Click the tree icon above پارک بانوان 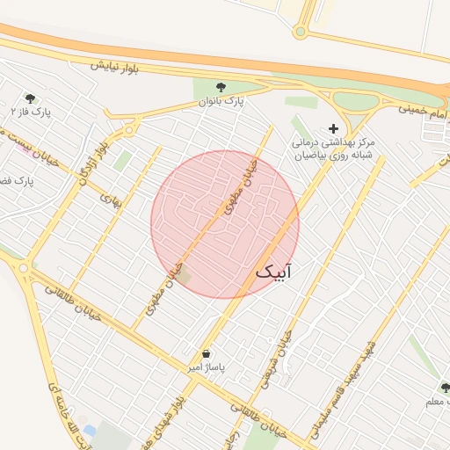[221, 87]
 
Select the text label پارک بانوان [221, 102]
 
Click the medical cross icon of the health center [332, 128]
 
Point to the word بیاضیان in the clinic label [312, 155]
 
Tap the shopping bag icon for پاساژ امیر [206, 353]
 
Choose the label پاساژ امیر [206, 367]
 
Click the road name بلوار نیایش [114, 65]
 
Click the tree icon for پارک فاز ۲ [31, 99]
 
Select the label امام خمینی [422, 110]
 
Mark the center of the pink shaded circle [225, 224]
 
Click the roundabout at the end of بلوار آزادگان [130, 130]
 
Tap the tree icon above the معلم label [444, 388]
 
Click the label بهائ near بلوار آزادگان [111, 201]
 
